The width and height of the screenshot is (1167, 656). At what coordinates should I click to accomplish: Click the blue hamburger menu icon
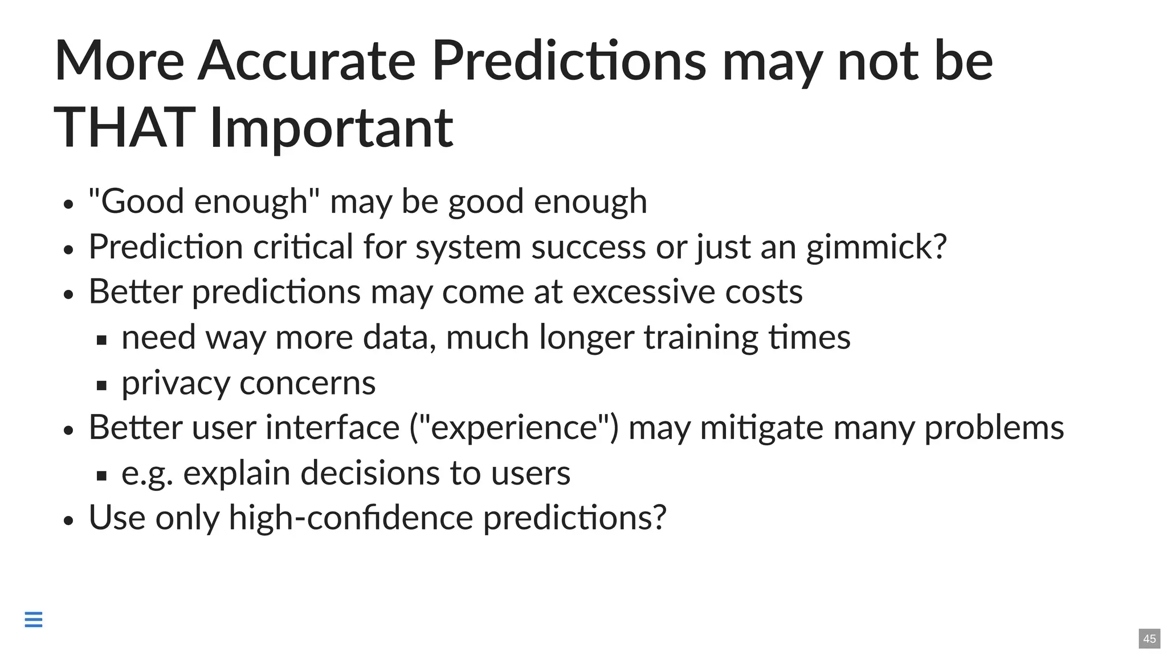tap(34, 619)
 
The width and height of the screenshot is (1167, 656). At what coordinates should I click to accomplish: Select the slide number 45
tap(1149, 638)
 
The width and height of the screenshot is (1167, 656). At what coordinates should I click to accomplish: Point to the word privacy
tap(176, 383)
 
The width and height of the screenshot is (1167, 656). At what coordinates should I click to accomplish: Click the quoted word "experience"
tap(514, 428)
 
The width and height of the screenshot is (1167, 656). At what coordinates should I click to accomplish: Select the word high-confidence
tap(350, 518)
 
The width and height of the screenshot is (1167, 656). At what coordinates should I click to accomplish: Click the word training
tap(701, 338)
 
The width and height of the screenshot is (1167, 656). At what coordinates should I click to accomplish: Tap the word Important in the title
tap(331, 129)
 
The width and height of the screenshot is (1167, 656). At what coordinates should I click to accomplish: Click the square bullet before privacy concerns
tap(102, 386)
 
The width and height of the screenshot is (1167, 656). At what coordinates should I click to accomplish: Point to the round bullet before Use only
tap(69, 520)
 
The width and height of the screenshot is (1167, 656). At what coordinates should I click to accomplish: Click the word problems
tap(994, 428)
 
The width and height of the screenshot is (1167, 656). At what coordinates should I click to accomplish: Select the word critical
tap(303, 247)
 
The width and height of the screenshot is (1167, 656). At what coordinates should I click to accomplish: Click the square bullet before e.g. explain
tap(102, 475)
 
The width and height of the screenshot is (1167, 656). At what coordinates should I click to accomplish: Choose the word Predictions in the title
tap(568, 61)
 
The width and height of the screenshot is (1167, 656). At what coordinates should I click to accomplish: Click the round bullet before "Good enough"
tap(69, 204)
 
